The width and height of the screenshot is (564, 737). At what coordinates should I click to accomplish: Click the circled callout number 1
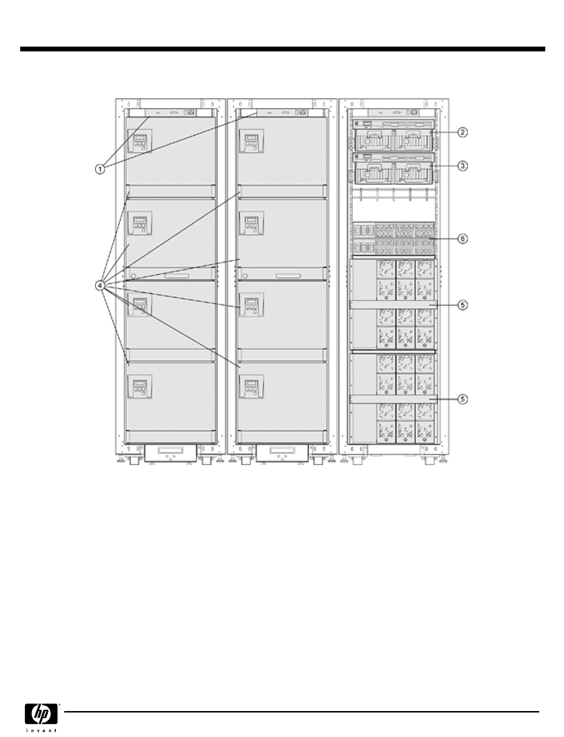click(x=100, y=170)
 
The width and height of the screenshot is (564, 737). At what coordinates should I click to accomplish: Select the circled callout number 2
click(x=463, y=132)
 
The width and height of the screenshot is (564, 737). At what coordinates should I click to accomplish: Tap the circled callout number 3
click(x=463, y=166)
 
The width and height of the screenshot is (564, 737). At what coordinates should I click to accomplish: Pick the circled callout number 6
click(x=463, y=239)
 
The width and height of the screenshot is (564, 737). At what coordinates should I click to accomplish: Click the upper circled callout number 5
click(x=463, y=305)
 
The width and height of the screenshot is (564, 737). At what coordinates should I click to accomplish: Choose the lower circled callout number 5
click(x=463, y=399)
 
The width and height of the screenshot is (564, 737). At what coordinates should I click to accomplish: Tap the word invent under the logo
click(x=41, y=730)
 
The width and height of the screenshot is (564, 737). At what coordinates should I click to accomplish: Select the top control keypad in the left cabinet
click(x=140, y=141)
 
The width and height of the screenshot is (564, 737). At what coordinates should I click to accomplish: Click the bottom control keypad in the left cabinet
click(x=140, y=386)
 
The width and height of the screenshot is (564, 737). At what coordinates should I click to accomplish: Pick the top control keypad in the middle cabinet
click(x=251, y=141)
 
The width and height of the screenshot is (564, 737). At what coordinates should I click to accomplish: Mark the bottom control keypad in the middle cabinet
click(x=251, y=386)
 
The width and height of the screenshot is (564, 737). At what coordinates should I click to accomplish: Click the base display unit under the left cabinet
click(x=170, y=453)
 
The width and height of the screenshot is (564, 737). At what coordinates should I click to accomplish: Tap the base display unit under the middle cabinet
click(x=282, y=453)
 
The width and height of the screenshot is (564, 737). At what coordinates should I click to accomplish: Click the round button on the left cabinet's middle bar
click(x=134, y=276)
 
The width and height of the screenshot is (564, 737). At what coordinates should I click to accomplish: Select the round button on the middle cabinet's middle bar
click(x=245, y=276)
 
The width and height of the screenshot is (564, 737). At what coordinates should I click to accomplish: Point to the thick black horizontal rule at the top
click(x=282, y=49)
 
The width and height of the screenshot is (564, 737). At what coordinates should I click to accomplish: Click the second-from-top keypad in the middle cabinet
click(x=251, y=223)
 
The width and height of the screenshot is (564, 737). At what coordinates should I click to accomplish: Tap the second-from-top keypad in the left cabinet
click(x=140, y=223)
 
